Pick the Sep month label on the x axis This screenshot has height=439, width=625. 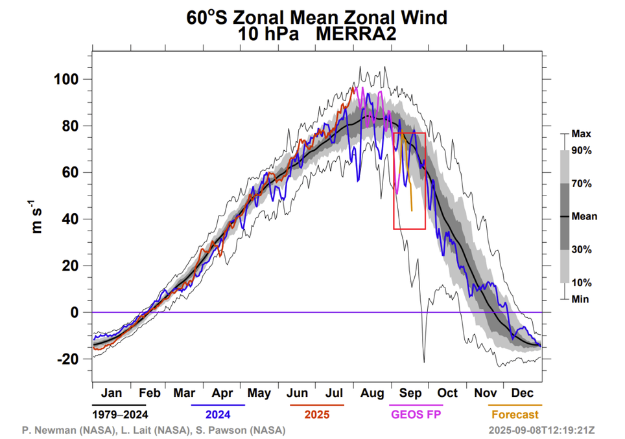point(411,393)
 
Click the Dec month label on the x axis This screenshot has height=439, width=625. point(523,393)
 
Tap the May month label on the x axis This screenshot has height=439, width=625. point(259,393)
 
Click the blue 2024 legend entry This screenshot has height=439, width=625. point(218,414)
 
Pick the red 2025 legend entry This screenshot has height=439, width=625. point(316,414)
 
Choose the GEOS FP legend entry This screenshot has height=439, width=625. point(416,414)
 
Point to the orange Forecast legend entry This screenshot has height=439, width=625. point(515,414)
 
